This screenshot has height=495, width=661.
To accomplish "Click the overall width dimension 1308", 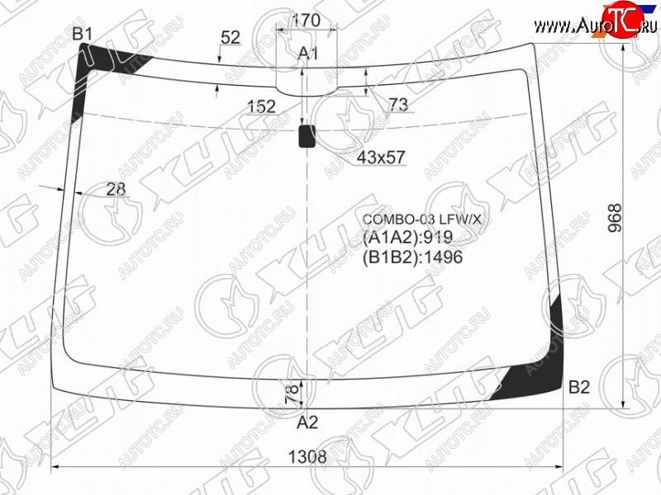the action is click(307, 456).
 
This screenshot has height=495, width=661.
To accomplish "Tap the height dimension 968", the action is click(615, 218).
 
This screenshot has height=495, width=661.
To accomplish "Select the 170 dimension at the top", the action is click(307, 20).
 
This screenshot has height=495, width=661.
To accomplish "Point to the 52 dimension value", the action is click(231, 37).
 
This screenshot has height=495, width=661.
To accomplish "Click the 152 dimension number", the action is click(261, 106).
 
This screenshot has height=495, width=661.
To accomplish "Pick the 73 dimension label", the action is click(398, 105).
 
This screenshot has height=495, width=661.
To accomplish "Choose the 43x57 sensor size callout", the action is click(381, 158).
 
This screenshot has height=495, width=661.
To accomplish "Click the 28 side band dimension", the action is click(116, 190).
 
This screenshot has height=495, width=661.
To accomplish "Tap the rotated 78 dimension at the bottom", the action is click(292, 394).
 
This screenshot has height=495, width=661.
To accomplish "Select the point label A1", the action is click(307, 54).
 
